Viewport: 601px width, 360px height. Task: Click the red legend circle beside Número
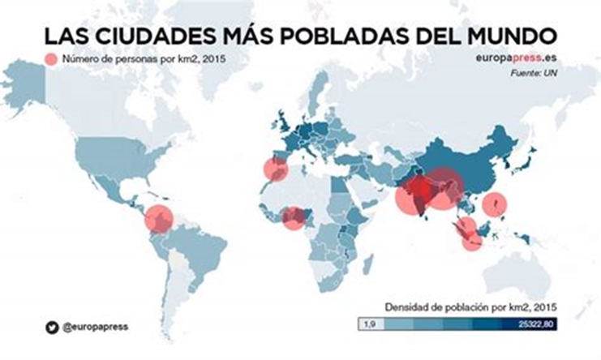click(x=53, y=60)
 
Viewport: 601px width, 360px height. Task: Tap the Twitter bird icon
click(x=50, y=327)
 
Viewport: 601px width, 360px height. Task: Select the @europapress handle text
click(x=95, y=327)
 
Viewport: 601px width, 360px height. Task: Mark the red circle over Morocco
click(x=275, y=169)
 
